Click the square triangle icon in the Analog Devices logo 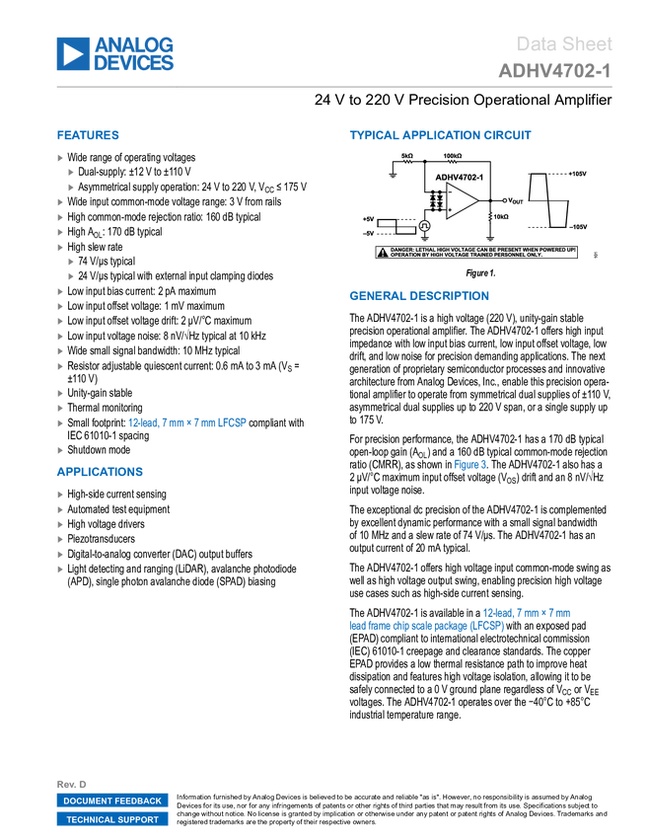(x=72, y=54)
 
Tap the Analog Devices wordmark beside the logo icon (x=134, y=54)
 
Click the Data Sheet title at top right (x=565, y=43)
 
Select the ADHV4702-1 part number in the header (x=554, y=71)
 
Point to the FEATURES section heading (x=88, y=136)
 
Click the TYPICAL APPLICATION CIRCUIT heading (x=440, y=136)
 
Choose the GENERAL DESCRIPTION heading (x=418, y=296)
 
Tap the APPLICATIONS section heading (x=100, y=472)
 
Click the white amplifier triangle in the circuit (x=460, y=200)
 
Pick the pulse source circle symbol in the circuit (x=425, y=226)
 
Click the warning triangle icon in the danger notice (x=383, y=252)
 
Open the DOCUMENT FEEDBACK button (x=111, y=801)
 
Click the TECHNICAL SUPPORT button (x=111, y=819)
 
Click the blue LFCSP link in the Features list (x=233, y=422)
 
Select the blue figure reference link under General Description (x=470, y=464)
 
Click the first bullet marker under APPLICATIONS (x=60, y=495)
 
